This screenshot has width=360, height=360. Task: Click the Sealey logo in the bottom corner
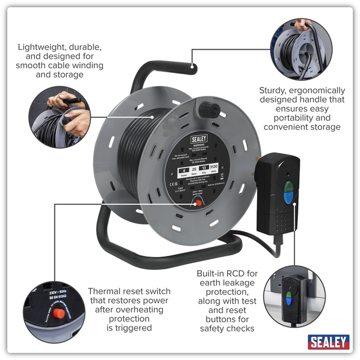tap(328, 342)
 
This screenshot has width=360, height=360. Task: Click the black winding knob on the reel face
tap(210, 110)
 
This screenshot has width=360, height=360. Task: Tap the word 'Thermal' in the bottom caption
tap(107, 291)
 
